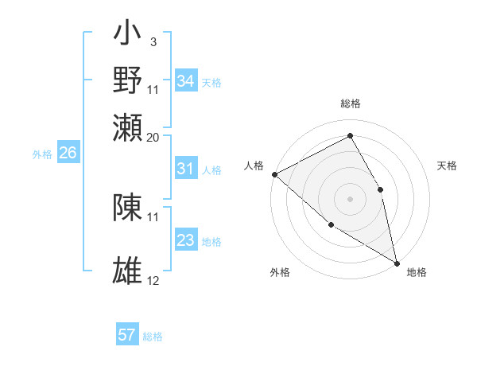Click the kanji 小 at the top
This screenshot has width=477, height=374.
[127, 36]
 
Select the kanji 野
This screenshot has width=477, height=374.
[127, 80]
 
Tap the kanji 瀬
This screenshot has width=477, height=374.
[127, 127]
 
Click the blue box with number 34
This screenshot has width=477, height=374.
[186, 81]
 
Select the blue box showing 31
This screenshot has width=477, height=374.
[186, 169]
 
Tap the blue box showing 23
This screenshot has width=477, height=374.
[186, 240]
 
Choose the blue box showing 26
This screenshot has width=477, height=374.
[68, 154]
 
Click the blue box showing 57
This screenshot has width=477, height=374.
[127, 335]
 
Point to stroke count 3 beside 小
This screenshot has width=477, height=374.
[153, 41]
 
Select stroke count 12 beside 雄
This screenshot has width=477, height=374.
[153, 281]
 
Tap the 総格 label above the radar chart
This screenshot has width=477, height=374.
[350, 103]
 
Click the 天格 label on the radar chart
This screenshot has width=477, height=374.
[447, 166]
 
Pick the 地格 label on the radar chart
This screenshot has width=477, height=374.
[417, 272]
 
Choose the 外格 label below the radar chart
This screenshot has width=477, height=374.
[280, 272]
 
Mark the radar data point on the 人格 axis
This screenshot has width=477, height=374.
[274, 174]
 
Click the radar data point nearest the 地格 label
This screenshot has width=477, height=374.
[396, 262]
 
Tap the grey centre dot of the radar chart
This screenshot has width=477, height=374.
[350, 198]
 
